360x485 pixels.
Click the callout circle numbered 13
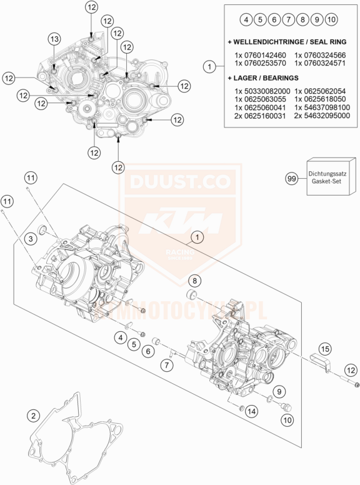[x=54, y=39]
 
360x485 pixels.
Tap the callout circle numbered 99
[x=292, y=179]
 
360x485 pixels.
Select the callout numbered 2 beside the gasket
[x=33, y=416]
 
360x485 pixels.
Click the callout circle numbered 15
[x=324, y=349]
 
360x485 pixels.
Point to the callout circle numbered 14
[x=252, y=411]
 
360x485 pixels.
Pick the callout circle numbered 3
[x=31, y=239]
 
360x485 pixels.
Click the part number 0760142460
[x=265, y=56]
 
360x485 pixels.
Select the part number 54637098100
[x=326, y=107]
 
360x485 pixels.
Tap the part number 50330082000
[x=267, y=91]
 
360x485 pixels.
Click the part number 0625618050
[x=324, y=99]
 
